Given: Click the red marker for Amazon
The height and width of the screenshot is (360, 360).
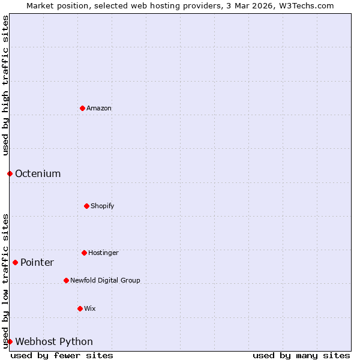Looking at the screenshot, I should coord(83,108).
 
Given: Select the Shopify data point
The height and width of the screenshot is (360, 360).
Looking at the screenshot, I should coord(86,206).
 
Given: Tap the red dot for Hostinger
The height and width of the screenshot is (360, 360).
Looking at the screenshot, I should coord(84,253).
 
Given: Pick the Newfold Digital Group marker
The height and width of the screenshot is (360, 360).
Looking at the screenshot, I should coord(66,280).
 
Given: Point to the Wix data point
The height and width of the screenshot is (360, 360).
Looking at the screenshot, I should coord(80,308).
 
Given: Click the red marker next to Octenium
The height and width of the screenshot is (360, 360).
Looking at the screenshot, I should coord(10,173).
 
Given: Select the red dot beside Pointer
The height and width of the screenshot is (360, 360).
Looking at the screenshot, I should coord(15,262).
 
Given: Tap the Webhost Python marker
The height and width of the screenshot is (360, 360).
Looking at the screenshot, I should coord(10,341).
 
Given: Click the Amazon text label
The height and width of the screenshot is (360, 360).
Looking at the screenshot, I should coord(99,108).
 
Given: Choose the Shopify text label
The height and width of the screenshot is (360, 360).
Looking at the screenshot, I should coord(103,206).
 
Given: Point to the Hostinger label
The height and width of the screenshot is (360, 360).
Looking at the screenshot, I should coord(103,253).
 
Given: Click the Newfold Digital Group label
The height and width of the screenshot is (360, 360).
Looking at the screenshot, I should coord(105,280).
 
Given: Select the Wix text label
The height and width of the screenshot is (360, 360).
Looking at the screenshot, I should coord(90,308).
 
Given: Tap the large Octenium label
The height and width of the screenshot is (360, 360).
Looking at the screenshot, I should coord(38,174).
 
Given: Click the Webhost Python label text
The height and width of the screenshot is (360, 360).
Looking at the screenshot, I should coord(54,342).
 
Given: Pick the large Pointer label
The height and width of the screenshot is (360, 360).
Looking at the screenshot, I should coord(37,263).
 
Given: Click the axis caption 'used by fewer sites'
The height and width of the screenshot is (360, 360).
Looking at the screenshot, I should coord(62,355).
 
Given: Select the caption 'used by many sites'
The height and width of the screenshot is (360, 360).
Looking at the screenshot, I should coord(301,355).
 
